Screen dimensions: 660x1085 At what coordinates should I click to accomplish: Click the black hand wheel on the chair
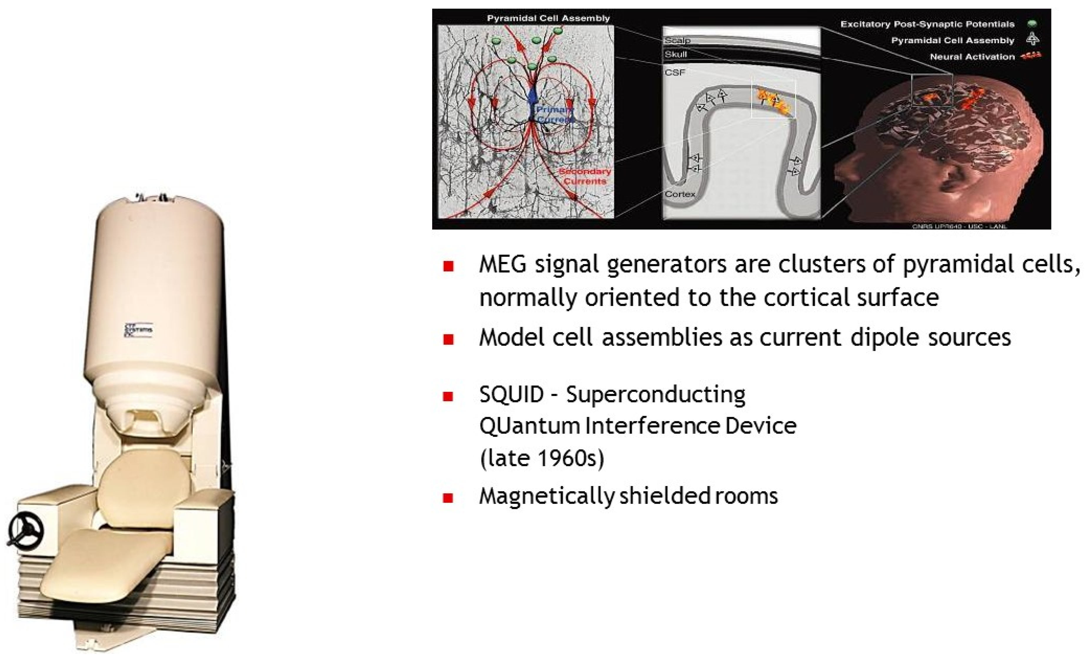point(26,531)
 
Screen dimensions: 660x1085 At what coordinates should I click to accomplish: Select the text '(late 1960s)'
point(542,458)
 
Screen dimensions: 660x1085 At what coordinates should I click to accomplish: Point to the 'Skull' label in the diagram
point(676,54)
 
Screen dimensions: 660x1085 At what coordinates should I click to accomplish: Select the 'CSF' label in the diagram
point(675,72)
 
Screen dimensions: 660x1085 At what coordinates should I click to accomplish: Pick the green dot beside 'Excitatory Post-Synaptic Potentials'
point(1032,24)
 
